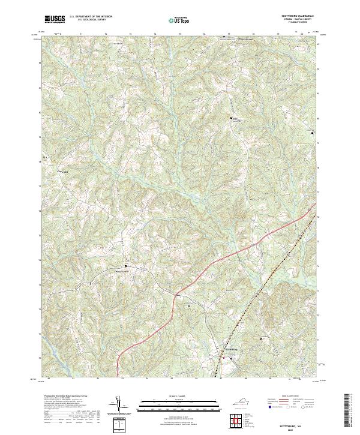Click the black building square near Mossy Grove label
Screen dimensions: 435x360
click(x=125, y=265)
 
